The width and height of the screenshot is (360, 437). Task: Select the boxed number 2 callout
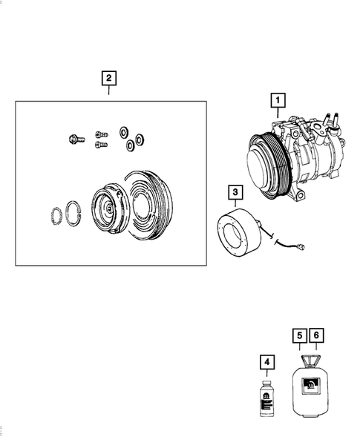pos(109,78)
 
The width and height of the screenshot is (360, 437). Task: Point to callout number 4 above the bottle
pos(266,362)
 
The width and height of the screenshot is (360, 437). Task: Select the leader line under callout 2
pos(109,93)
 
